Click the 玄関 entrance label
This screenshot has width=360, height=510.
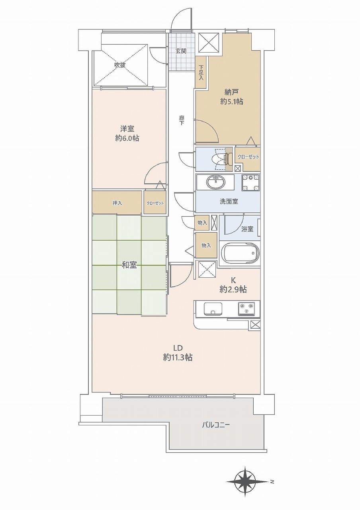point(181,51)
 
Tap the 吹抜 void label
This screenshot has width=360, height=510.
point(120,65)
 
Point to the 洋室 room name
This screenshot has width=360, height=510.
point(127,129)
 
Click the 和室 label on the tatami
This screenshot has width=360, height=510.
point(129,265)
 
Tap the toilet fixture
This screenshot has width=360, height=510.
point(222,159)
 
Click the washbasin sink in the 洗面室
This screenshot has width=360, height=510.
point(216,182)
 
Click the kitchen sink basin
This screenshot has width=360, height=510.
point(213,308)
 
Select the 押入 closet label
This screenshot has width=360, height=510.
point(117,203)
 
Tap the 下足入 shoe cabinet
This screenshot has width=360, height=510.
point(201,73)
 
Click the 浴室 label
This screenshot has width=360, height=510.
point(247,229)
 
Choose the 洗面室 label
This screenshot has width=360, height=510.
point(229,202)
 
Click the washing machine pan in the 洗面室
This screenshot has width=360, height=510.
point(250,182)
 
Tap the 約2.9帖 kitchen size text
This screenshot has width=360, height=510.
point(233,289)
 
